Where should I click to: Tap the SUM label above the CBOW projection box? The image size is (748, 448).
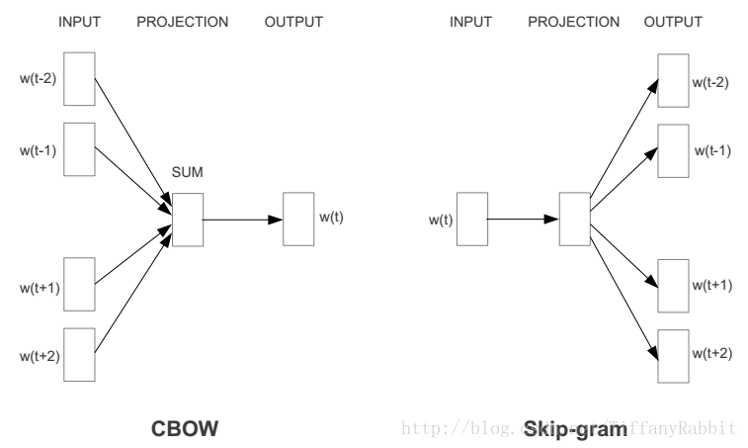187,174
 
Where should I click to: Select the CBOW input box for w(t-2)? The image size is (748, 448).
80,78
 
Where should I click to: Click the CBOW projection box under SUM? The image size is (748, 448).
187,218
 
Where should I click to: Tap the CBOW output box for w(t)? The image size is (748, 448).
298,218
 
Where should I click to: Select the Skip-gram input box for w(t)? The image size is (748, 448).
471,218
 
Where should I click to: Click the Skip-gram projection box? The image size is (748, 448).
573,218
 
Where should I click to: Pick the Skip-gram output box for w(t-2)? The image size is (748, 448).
674,79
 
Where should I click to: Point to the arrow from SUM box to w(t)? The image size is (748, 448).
242,218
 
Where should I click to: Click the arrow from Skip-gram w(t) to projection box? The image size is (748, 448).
522,218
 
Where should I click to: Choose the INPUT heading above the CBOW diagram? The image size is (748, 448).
80,21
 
